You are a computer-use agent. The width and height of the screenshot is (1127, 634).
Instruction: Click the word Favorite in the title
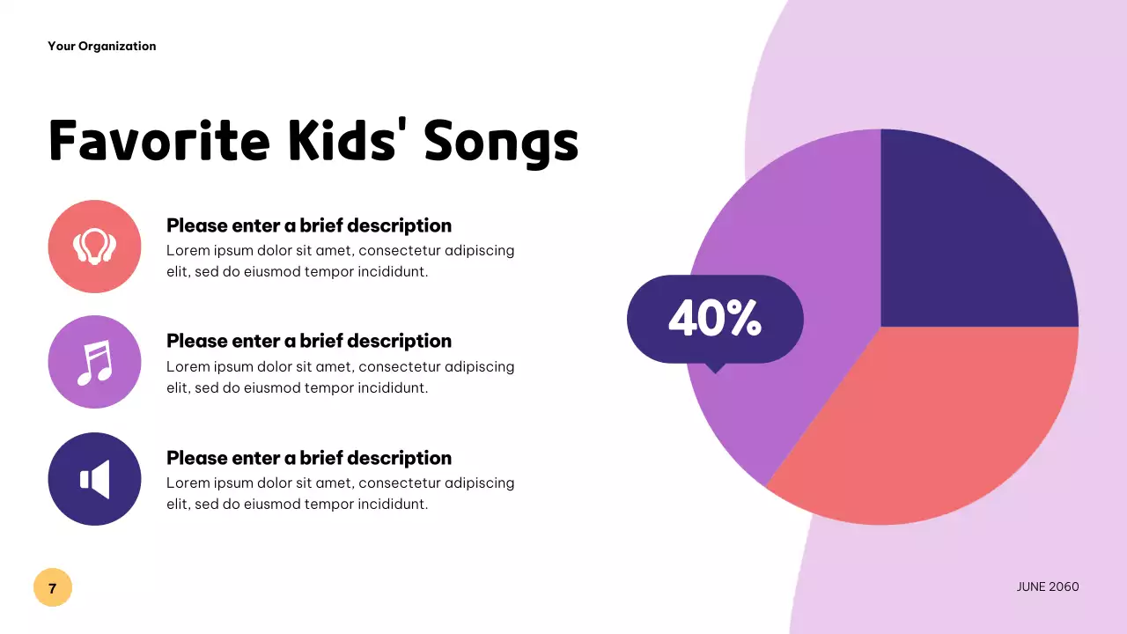pyautogui.click(x=159, y=140)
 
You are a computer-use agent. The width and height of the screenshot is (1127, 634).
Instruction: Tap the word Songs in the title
pyautogui.click(x=501, y=140)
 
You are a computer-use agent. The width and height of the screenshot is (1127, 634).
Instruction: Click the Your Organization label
pyautogui.click(x=102, y=46)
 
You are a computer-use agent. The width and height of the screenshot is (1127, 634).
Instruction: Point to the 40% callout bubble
pyautogui.click(x=715, y=318)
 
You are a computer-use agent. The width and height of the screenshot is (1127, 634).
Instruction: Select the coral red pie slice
pyautogui.click(x=942, y=423)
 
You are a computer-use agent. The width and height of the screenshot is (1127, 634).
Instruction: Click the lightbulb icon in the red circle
pyautogui.click(x=94, y=247)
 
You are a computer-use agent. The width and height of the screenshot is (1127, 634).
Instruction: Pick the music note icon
pyautogui.click(x=94, y=362)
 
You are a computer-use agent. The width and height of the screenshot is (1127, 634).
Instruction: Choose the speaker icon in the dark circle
pyautogui.click(x=94, y=479)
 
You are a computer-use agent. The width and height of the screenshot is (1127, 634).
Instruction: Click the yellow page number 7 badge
pyautogui.click(x=53, y=587)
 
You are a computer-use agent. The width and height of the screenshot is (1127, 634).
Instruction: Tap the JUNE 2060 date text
pyautogui.click(x=1047, y=586)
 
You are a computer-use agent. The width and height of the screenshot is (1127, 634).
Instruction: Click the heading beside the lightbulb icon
pyautogui.click(x=309, y=225)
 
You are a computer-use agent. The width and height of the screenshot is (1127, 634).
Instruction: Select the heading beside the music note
pyautogui.click(x=309, y=341)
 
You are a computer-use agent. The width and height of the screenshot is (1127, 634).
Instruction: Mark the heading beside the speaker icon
pyautogui.click(x=309, y=458)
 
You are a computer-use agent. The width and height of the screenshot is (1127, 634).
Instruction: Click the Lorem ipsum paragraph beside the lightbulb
pyautogui.click(x=340, y=261)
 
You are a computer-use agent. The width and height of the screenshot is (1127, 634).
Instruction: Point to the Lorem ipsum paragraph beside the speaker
pyautogui.click(x=340, y=493)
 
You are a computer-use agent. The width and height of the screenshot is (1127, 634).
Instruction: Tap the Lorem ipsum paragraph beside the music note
pyautogui.click(x=340, y=377)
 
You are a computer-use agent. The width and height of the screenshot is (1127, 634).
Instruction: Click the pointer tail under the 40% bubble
pyautogui.click(x=715, y=368)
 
